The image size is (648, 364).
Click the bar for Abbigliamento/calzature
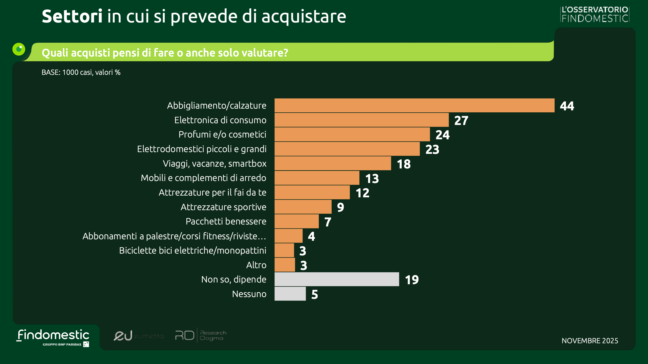pyautogui.click(x=414, y=105)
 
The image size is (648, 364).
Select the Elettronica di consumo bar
pyautogui.click(x=361, y=120)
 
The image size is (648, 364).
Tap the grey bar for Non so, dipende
pyautogui.click(x=337, y=279)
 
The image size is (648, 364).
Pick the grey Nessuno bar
pyautogui.click(x=290, y=294)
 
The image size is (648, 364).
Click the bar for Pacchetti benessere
pyautogui.click(x=296, y=221)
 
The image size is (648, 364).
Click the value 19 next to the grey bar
pyautogui.click(x=412, y=280)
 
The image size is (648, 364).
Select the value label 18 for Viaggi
pyautogui.click(x=404, y=164)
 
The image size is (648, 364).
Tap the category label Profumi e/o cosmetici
pyautogui.click(x=222, y=135)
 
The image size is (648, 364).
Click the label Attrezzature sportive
pyautogui.click(x=223, y=207)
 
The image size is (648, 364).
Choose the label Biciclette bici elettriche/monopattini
pyautogui.click(x=192, y=250)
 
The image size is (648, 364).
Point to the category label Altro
pyautogui.click(x=256, y=265)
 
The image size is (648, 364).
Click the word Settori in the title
pyautogui.click(x=72, y=16)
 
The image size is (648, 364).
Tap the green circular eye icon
pyautogui.click(x=19, y=49)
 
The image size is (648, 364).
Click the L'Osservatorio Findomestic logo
pyautogui.click(x=595, y=14)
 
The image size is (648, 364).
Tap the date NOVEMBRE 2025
pyautogui.click(x=590, y=341)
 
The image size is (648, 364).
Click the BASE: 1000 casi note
pyautogui.click(x=81, y=72)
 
